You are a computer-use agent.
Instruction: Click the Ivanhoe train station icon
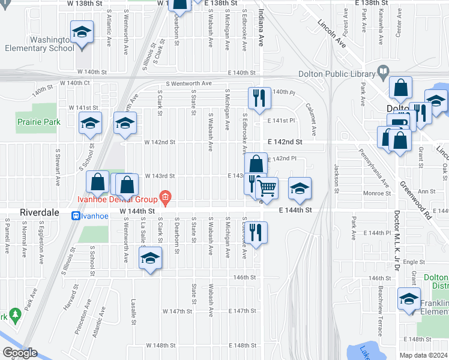[x=76, y=216]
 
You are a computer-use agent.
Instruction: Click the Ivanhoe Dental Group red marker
[x=166, y=198]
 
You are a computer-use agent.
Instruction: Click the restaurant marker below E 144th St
[x=256, y=232]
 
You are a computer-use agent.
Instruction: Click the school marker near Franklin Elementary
[x=409, y=298]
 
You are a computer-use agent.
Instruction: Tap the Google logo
[x=20, y=353]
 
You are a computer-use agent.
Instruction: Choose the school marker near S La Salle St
[x=150, y=258]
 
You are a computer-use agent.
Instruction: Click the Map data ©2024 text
[x=423, y=355]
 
